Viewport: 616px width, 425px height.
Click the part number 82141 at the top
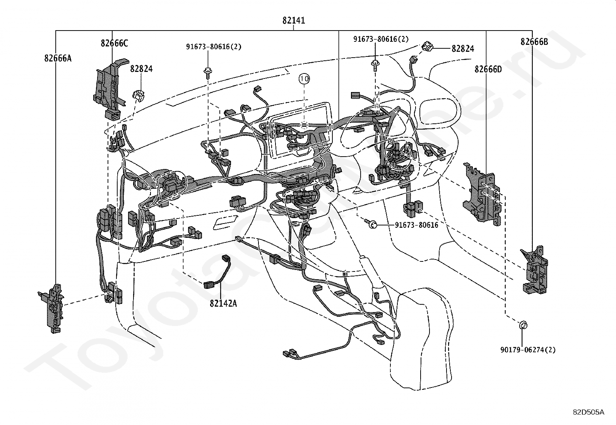point(293,20)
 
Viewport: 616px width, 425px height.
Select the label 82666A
point(58,58)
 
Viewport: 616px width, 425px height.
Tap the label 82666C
point(114,43)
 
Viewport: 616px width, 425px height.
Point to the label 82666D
point(488,69)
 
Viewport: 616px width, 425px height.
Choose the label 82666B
point(534,42)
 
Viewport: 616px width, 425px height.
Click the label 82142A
point(223,303)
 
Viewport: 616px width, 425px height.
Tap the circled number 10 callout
point(304,79)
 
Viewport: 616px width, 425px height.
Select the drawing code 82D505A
point(589,412)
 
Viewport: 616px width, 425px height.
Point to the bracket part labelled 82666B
point(536,271)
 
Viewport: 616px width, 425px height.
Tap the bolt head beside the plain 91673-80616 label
point(372,224)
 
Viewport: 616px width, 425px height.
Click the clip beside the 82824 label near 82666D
point(428,46)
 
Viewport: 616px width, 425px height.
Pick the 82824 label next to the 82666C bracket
point(141,69)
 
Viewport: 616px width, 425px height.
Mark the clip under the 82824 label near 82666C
point(139,94)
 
